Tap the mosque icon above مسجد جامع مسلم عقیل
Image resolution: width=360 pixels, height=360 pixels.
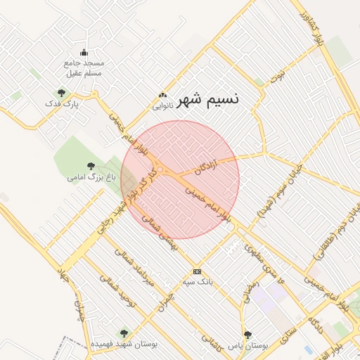[x=84, y=51]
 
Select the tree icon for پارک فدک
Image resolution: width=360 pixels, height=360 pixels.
[x=61, y=92]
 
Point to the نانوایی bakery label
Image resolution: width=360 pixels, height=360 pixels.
[x=163, y=107]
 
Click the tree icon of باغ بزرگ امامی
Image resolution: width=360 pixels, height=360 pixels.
[x=91, y=165]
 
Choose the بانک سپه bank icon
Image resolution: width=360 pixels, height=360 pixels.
[x=197, y=271]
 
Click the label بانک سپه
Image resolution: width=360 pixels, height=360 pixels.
[x=197, y=282]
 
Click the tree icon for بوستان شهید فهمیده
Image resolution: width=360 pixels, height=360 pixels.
[x=124, y=333]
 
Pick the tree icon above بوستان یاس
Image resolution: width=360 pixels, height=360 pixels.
[x=247, y=335]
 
